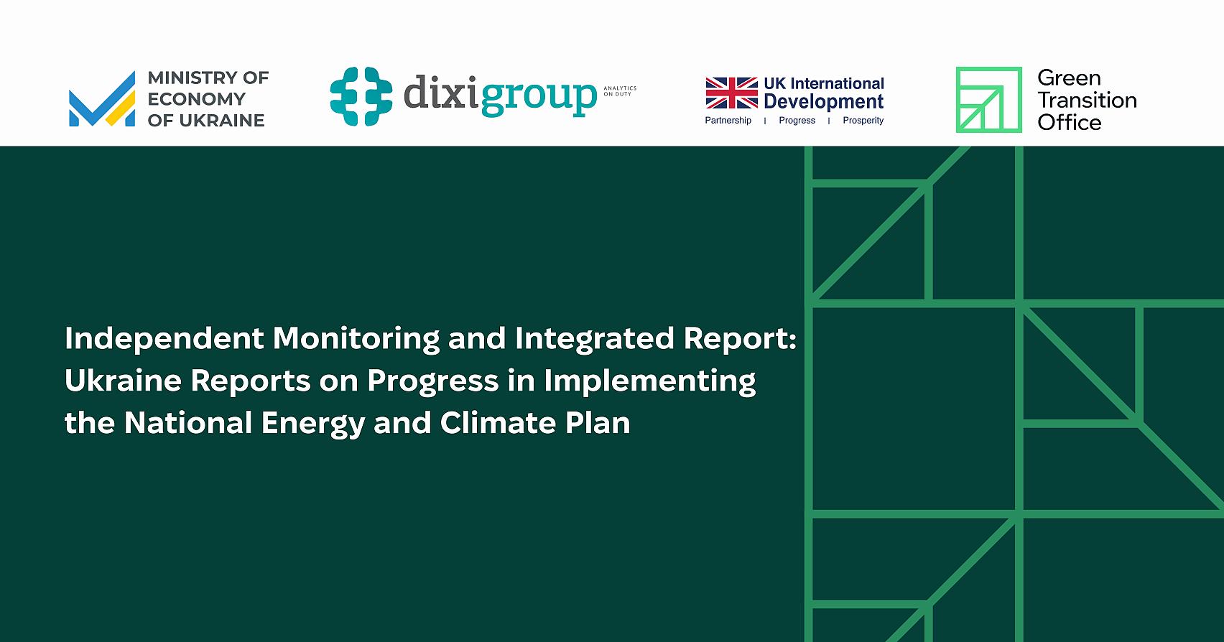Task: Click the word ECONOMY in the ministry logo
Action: click(196, 99)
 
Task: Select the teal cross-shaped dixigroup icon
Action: click(361, 96)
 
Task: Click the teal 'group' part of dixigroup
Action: click(539, 96)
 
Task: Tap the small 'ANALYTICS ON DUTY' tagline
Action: click(619, 91)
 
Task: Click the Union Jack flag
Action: click(731, 93)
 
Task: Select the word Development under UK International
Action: click(823, 102)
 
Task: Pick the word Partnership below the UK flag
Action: click(728, 121)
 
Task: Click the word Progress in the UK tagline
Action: click(797, 121)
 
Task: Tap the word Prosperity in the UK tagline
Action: click(863, 121)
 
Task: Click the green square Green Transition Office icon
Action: click(988, 100)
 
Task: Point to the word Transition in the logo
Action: click(1087, 100)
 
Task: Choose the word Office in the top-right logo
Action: click(1069, 122)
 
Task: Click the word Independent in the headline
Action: click(164, 338)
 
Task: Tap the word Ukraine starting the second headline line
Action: click(123, 381)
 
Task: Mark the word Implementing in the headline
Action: click(649, 381)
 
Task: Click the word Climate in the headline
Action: click(498, 423)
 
